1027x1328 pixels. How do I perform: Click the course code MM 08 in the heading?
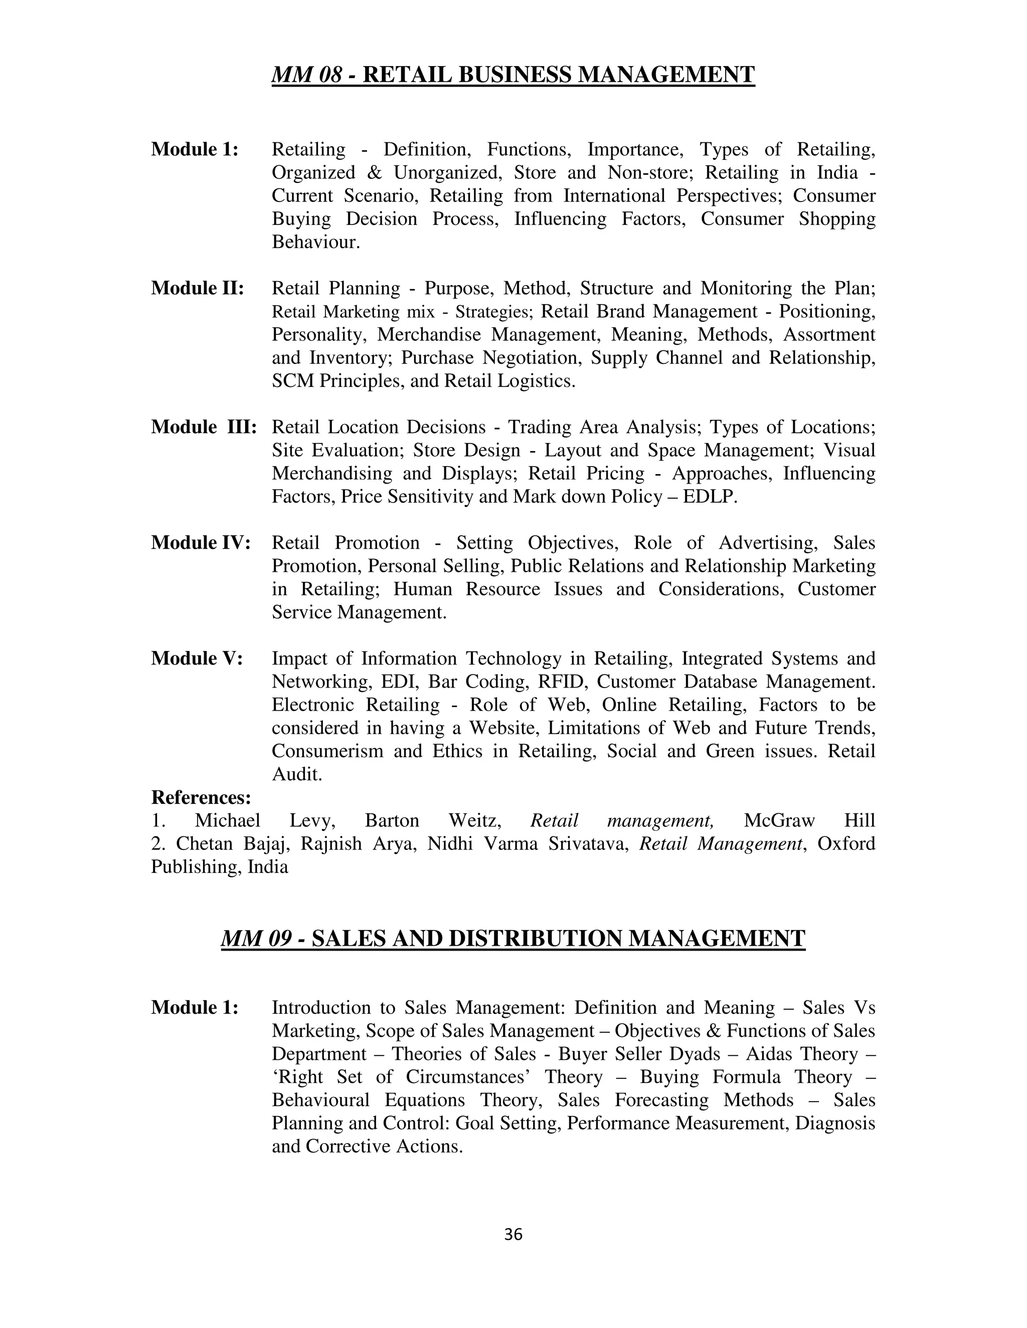306,75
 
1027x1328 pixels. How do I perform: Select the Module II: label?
197,288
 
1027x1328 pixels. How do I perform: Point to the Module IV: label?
200,542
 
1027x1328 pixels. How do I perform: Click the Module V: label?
197,658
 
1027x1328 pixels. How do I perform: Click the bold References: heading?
201,797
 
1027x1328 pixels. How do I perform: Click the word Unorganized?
448,173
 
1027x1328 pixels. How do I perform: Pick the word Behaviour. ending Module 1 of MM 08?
316,242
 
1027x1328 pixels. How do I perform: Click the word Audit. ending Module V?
296,774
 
